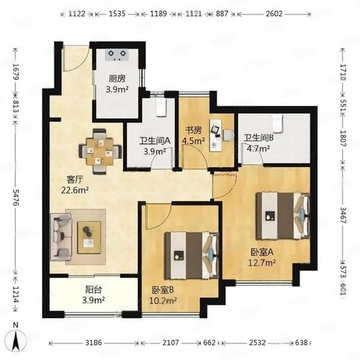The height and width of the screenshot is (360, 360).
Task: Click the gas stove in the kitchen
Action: click(x=117, y=55)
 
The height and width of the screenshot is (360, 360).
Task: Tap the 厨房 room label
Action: click(x=117, y=78)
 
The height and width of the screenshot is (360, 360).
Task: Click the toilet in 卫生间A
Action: click(x=161, y=107)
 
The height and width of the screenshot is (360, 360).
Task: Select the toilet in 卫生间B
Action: click(x=278, y=123)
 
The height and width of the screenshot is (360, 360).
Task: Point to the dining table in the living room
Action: click(x=100, y=151)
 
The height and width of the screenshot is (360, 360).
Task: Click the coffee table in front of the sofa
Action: click(x=89, y=237)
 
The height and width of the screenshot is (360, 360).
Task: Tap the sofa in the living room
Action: click(x=61, y=237)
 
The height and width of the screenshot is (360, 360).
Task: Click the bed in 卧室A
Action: click(x=282, y=216)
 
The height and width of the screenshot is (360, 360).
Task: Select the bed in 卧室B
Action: click(x=192, y=256)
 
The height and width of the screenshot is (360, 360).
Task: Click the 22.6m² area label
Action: click(x=75, y=190)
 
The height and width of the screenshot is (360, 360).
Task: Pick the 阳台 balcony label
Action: click(x=94, y=290)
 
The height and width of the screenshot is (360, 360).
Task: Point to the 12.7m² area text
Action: click(x=261, y=263)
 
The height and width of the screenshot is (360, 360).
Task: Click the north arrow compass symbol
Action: click(x=16, y=340)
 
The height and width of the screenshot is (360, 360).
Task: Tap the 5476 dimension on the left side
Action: click(x=16, y=197)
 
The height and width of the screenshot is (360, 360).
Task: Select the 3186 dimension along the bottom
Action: click(x=94, y=343)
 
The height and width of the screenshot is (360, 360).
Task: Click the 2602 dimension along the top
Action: click(x=274, y=14)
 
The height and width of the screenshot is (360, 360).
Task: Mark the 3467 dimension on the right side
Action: click(x=343, y=215)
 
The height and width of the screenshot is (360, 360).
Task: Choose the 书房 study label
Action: click(x=194, y=130)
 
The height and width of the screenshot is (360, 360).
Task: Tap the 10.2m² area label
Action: click(x=163, y=300)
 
